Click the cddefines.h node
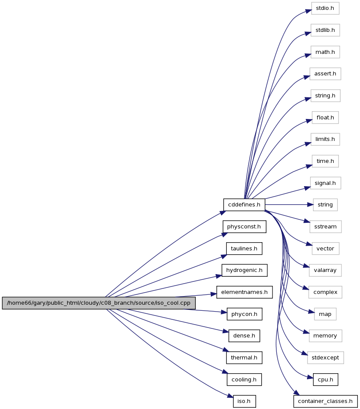244,204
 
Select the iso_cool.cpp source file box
99,303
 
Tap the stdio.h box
325,8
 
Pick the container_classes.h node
326,401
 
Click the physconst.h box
244,227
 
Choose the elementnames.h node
244,292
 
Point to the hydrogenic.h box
244,270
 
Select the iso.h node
244,401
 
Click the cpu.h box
326,380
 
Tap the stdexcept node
326,358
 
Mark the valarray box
326,270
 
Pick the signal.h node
326,183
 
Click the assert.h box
326,74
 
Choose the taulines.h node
244,249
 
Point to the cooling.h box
244,380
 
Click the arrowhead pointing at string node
310,205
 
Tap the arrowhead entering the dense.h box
225,331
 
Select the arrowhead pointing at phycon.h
224,312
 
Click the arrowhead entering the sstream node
307,221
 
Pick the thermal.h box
244,358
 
